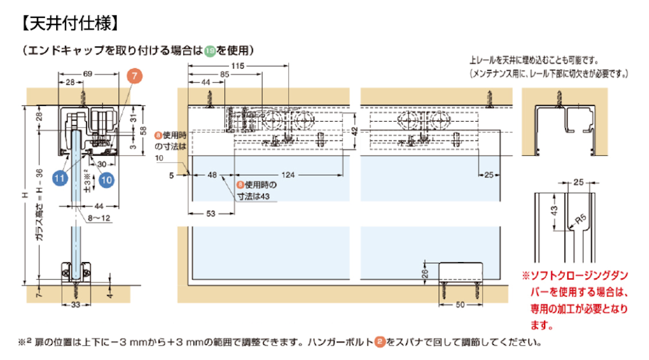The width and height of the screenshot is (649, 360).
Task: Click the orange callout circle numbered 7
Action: (x=134, y=76)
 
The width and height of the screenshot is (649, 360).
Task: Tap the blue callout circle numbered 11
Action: (x=60, y=177)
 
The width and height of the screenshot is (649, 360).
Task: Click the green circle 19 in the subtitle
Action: (x=210, y=51)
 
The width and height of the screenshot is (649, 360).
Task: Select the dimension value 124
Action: (x=289, y=175)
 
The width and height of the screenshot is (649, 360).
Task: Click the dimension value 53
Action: (x=211, y=214)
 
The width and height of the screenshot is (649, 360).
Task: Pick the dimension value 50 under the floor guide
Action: (x=460, y=305)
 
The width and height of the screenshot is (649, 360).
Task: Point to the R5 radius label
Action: (x=580, y=219)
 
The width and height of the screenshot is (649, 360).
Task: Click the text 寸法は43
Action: (x=254, y=197)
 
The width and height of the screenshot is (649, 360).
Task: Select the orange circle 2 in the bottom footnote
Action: (x=379, y=342)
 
